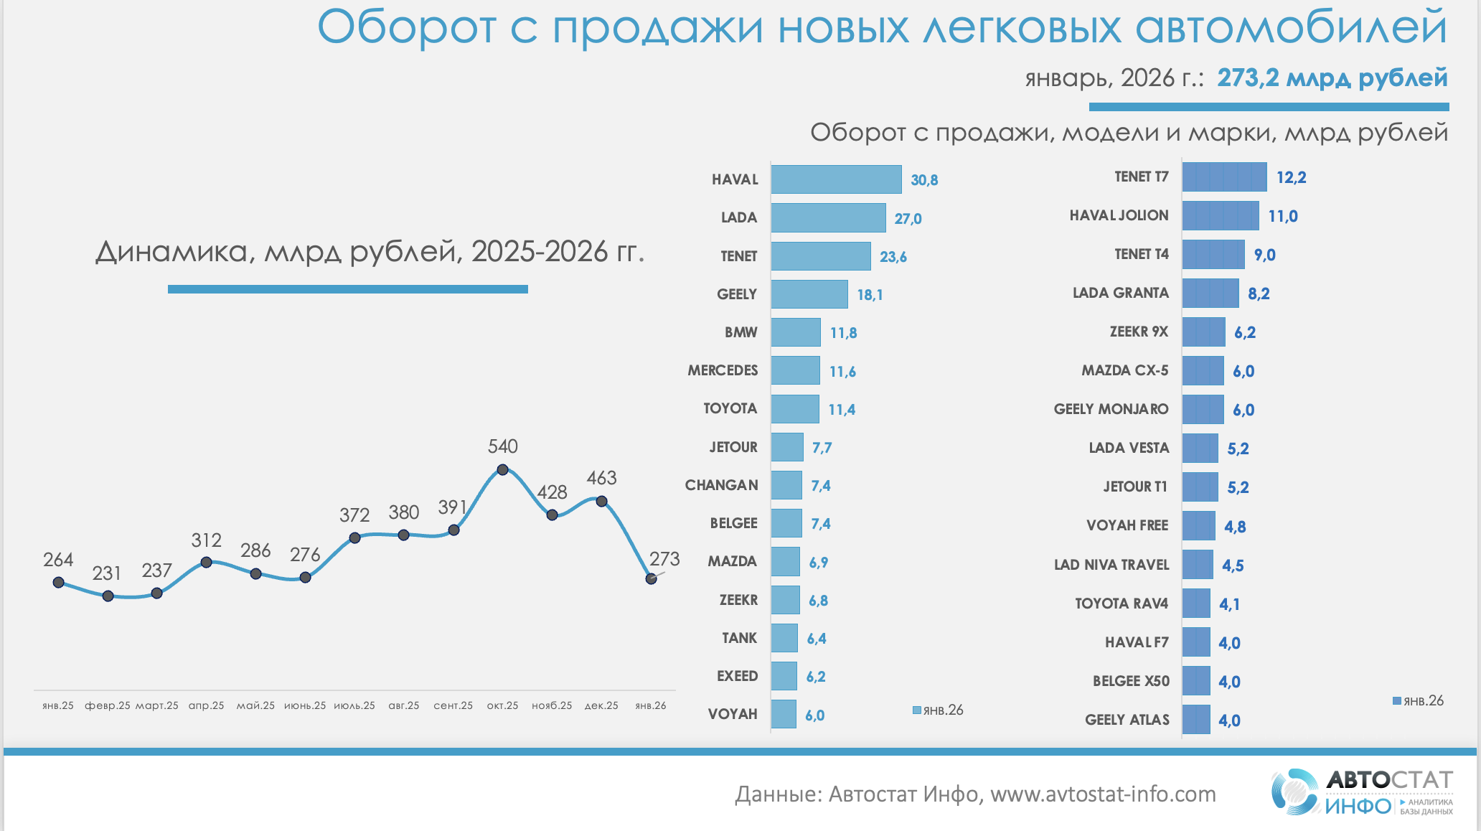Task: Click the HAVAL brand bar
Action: (x=836, y=179)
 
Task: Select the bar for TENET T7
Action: (x=1224, y=177)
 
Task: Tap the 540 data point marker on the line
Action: (x=502, y=470)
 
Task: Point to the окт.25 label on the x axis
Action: (x=502, y=705)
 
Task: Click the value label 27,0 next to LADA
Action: (x=908, y=219)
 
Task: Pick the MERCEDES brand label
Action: (x=723, y=370)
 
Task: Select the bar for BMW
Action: (x=796, y=332)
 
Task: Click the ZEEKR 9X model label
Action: (x=1139, y=332)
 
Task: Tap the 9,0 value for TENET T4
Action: (x=1264, y=255)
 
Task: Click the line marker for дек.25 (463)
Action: (x=602, y=502)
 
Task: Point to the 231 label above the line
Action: (x=106, y=573)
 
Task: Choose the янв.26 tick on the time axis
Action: (x=651, y=705)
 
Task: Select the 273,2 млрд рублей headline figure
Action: (x=1332, y=78)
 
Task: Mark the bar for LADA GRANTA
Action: (x=1210, y=294)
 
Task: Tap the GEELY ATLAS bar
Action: (x=1196, y=720)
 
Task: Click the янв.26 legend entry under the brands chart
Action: (x=938, y=710)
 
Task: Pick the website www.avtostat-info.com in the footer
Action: (x=1103, y=794)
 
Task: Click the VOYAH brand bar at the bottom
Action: (x=784, y=714)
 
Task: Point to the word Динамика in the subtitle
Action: (x=171, y=253)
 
